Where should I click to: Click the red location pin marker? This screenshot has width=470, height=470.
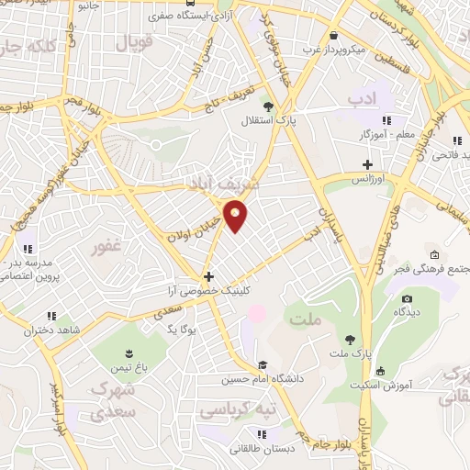(236, 217)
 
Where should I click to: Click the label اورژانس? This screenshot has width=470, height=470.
(374, 180)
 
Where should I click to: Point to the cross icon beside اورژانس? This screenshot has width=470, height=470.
(367, 164)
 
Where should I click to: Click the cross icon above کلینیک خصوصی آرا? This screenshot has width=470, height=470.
(209, 276)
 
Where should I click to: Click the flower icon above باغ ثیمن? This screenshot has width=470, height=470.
(129, 353)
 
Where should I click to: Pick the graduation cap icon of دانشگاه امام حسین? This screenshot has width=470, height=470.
(264, 364)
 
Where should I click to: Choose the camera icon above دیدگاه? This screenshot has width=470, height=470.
(407, 297)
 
